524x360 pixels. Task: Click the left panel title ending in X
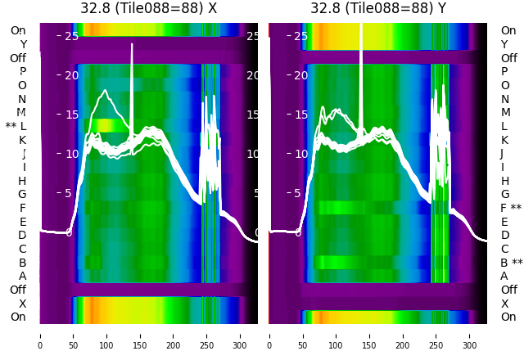[x=149, y=8]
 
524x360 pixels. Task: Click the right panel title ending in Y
[x=378, y=8]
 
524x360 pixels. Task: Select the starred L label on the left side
[x=16, y=126]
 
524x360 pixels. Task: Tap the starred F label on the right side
[x=510, y=208]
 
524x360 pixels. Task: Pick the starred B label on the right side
[x=510, y=263]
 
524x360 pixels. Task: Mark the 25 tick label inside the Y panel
[x=300, y=36]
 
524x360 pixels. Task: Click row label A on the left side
[x=22, y=276]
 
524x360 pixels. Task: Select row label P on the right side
[x=504, y=71]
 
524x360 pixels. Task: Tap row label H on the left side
[x=22, y=181]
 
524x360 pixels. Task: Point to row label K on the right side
[x=504, y=140]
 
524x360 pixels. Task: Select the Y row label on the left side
[x=23, y=44]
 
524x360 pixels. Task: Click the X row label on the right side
[x=504, y=304]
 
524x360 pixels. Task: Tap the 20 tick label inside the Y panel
[x=300, y=75]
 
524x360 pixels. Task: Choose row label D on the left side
[x=22, y=235]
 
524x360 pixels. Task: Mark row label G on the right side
[x=504, y=194]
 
